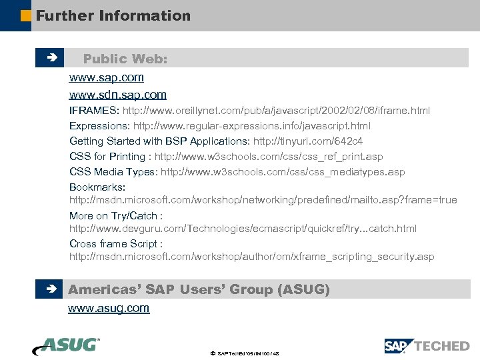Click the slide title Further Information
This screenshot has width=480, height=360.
click(113, 15)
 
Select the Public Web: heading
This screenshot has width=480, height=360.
click(125, 59)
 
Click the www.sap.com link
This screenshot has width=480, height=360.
click(107, 77)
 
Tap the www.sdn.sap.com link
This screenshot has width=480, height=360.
click(118, 95)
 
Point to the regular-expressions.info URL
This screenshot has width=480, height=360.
click(252, 125)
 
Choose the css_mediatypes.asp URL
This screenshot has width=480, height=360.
click(283, 172)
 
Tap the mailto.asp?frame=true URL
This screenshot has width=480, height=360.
click(263, 200)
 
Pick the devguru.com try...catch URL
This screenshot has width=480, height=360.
click(243, 229)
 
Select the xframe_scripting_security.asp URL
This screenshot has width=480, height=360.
click(252, 257)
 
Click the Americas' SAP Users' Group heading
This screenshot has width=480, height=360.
click(199, 289)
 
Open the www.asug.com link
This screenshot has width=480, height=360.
click(109, 308)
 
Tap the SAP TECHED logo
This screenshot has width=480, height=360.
click(427, 345)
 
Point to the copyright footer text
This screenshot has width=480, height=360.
click(244, 353)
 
